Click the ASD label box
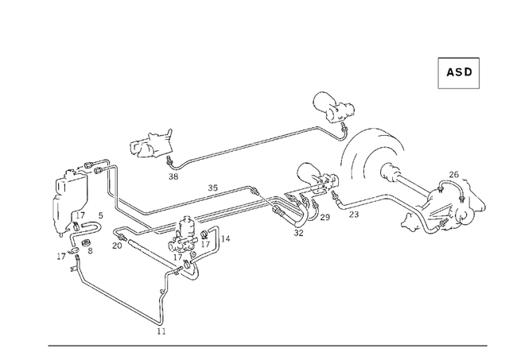459,72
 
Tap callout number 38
173,176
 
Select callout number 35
212,188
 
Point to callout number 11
161,331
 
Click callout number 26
453,175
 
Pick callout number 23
354,214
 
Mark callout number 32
298,233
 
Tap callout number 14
226,238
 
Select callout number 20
117,246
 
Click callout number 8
90,250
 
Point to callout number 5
100,215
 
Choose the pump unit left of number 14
188,236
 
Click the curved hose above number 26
450,188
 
